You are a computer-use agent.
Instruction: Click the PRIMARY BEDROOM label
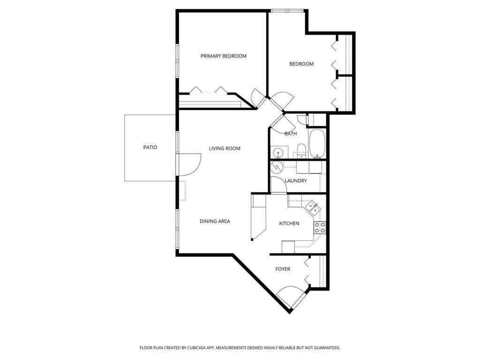(x=224, y=56)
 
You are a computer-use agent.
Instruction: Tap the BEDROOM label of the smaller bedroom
(x=301, y=64)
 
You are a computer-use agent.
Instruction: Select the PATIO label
(x=150, y=147)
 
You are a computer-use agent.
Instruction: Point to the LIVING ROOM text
(x=225, y=149)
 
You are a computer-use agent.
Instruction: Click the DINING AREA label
(x=215, y=221)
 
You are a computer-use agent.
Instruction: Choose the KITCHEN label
(x=289, y=224)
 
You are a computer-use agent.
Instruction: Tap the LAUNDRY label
(x=296, y=180)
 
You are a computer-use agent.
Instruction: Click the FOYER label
(x=283, y=269)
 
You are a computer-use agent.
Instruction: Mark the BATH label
(x=291, y=134)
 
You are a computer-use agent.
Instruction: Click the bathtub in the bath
(x=317, y=143)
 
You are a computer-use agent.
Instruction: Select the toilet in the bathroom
(x=301, y=151)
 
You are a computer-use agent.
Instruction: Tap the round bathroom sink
(x=278, y=152)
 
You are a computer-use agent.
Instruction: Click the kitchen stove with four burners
(x=320, y=227)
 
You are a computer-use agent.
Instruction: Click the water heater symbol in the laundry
(x=277, y=167)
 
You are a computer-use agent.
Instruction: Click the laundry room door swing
(x=278, y=185)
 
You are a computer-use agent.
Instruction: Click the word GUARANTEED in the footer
(x=328, y=348)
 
